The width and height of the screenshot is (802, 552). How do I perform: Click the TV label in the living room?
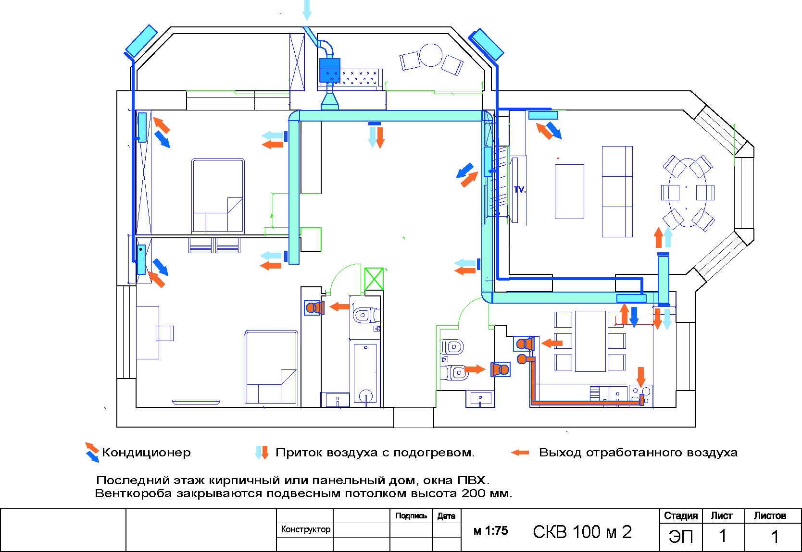[519, 190]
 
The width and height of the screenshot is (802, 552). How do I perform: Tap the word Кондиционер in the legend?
[146, 453]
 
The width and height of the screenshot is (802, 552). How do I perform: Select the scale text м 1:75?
[490, 531]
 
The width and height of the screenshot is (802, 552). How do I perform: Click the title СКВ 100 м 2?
[582, 532]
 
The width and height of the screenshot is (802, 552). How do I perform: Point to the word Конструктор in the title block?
[305, 529]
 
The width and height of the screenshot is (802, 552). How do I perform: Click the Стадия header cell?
[681, 516]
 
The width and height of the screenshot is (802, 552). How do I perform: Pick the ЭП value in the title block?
[681, 536]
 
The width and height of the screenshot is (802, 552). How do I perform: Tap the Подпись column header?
[411, 516]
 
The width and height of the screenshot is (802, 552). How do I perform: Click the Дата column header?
[446, 516]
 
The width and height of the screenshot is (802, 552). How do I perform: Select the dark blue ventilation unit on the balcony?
[329, 71]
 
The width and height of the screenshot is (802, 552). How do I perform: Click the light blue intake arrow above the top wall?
[307, 10]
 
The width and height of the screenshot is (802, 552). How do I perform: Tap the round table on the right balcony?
[431, 55]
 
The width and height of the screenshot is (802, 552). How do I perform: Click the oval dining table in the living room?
[688, 193]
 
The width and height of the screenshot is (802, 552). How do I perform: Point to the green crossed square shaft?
[374, 279]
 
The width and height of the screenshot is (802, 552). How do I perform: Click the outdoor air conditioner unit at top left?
[141, 41]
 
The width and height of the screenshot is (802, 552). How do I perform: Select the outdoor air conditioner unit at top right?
[486, 44]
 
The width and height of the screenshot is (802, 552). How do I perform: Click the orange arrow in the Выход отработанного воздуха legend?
[520, 453]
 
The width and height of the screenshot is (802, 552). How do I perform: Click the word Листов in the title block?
[770, 516]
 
